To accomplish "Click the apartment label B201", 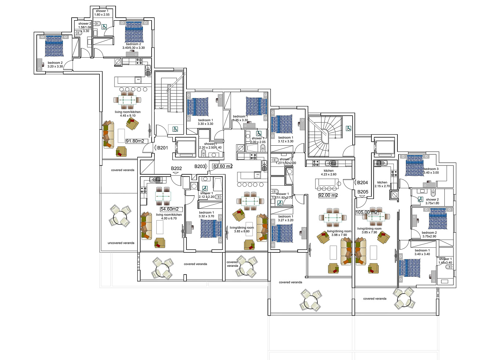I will (162, 148).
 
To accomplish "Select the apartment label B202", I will (176, 168).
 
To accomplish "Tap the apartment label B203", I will (200, 166).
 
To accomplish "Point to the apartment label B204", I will (362, 182).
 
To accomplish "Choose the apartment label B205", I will (363, 192).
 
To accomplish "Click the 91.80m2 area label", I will (135, 141).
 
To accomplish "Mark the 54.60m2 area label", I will (170, 209).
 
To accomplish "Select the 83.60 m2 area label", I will (223, 166).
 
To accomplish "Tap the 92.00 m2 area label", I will (328, 195).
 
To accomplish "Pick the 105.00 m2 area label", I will (366, 212).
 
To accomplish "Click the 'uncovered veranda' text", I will (121, 243).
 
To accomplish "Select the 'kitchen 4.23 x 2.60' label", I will (328, 172).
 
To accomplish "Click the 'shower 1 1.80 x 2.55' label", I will (102, 13).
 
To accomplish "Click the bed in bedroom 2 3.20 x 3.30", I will (54, 46).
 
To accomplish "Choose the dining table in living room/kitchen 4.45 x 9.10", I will (127, 99).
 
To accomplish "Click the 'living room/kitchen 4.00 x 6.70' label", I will (169, 217).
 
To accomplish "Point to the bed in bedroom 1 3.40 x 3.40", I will (410, 268).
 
